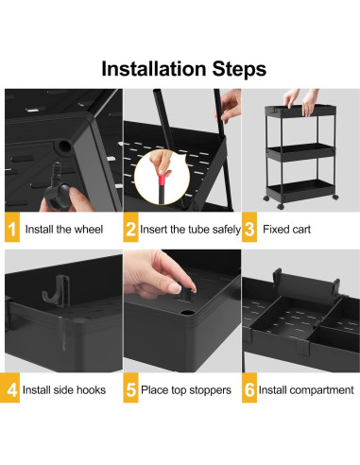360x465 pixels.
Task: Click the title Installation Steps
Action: pos(180,68)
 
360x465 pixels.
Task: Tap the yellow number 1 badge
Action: pos(12,227)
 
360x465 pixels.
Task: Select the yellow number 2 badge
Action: pos(131,227)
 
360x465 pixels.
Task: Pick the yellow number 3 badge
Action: pos(249,227)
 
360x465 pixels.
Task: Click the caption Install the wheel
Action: pos(64,228)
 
